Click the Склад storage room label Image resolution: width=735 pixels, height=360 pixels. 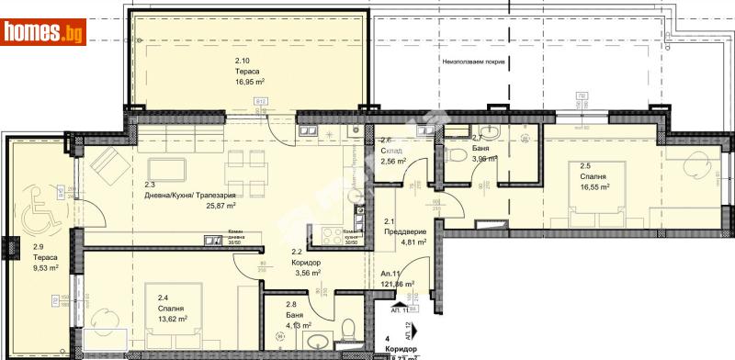click(394, 150)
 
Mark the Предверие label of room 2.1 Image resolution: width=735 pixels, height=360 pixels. click(405, 232)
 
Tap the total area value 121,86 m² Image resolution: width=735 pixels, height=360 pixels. click(397, 286)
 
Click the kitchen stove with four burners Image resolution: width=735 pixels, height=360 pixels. click(328, 231)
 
